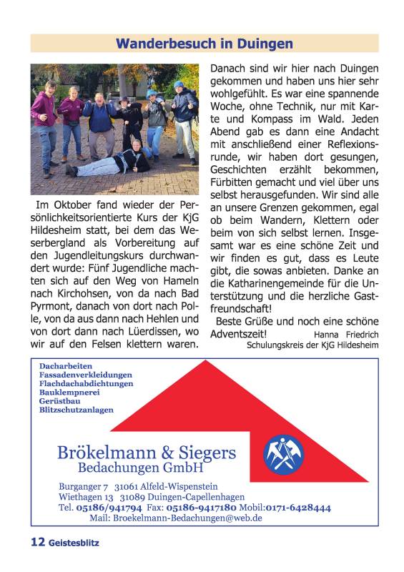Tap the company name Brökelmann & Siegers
coord(146,453)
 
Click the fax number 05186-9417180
coord(202,508)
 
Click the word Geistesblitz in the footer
coord(74,543)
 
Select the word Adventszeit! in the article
coord(239,333)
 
